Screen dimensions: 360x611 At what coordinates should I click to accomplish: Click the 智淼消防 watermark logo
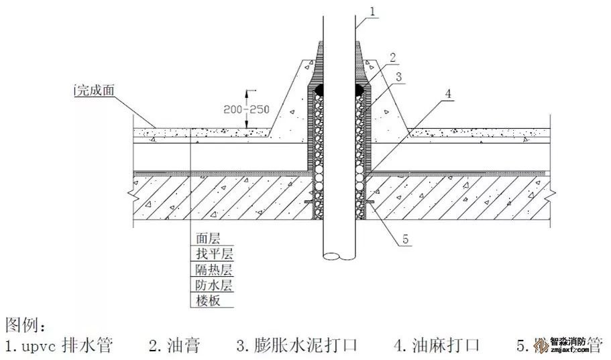point(567,345)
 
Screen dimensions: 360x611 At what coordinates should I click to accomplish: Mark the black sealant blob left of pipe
point(318,89)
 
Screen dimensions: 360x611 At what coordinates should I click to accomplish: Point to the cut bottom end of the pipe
point(339,256)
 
